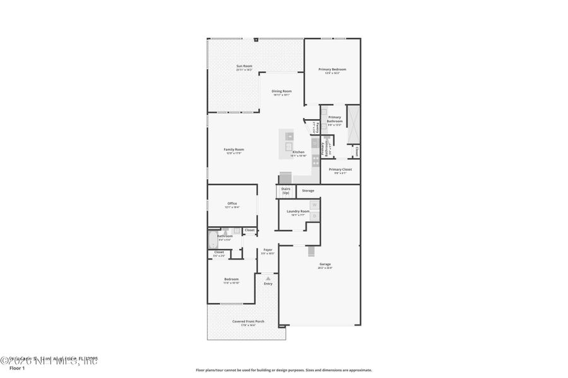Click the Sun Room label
coord(244,66)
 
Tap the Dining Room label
coord(281,91)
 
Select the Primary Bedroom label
coord(332,69)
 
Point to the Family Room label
coord(234,149)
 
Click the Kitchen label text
coord(299,152)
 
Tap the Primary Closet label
coord(340,169)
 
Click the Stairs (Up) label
coord(286,190)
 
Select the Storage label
coord(308,190)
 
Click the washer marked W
coord(314,205)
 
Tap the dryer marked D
coord(314,216)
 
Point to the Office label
coord(232,203)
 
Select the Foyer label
coord(268,249)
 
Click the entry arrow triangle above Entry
coord(268,277)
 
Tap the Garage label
coord(325,265)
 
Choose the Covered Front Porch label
coord(248,321)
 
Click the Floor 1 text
coord(17,369)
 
